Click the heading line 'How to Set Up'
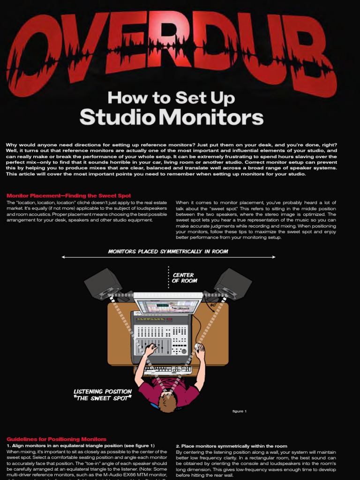tap(171, 98)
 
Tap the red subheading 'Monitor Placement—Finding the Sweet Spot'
tap(68, 195)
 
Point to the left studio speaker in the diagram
tap(103, 284)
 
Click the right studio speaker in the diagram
tap(233, 283)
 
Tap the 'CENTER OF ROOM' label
tap(183, 278)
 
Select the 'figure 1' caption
tap(239, 411)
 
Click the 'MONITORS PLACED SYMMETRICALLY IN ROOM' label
tap(168, 251)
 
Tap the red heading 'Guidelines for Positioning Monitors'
tap(56, 439)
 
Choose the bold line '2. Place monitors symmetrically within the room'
tap(232, 445)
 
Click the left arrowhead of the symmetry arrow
tap(63, 257)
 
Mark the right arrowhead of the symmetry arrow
tap(274, 257)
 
